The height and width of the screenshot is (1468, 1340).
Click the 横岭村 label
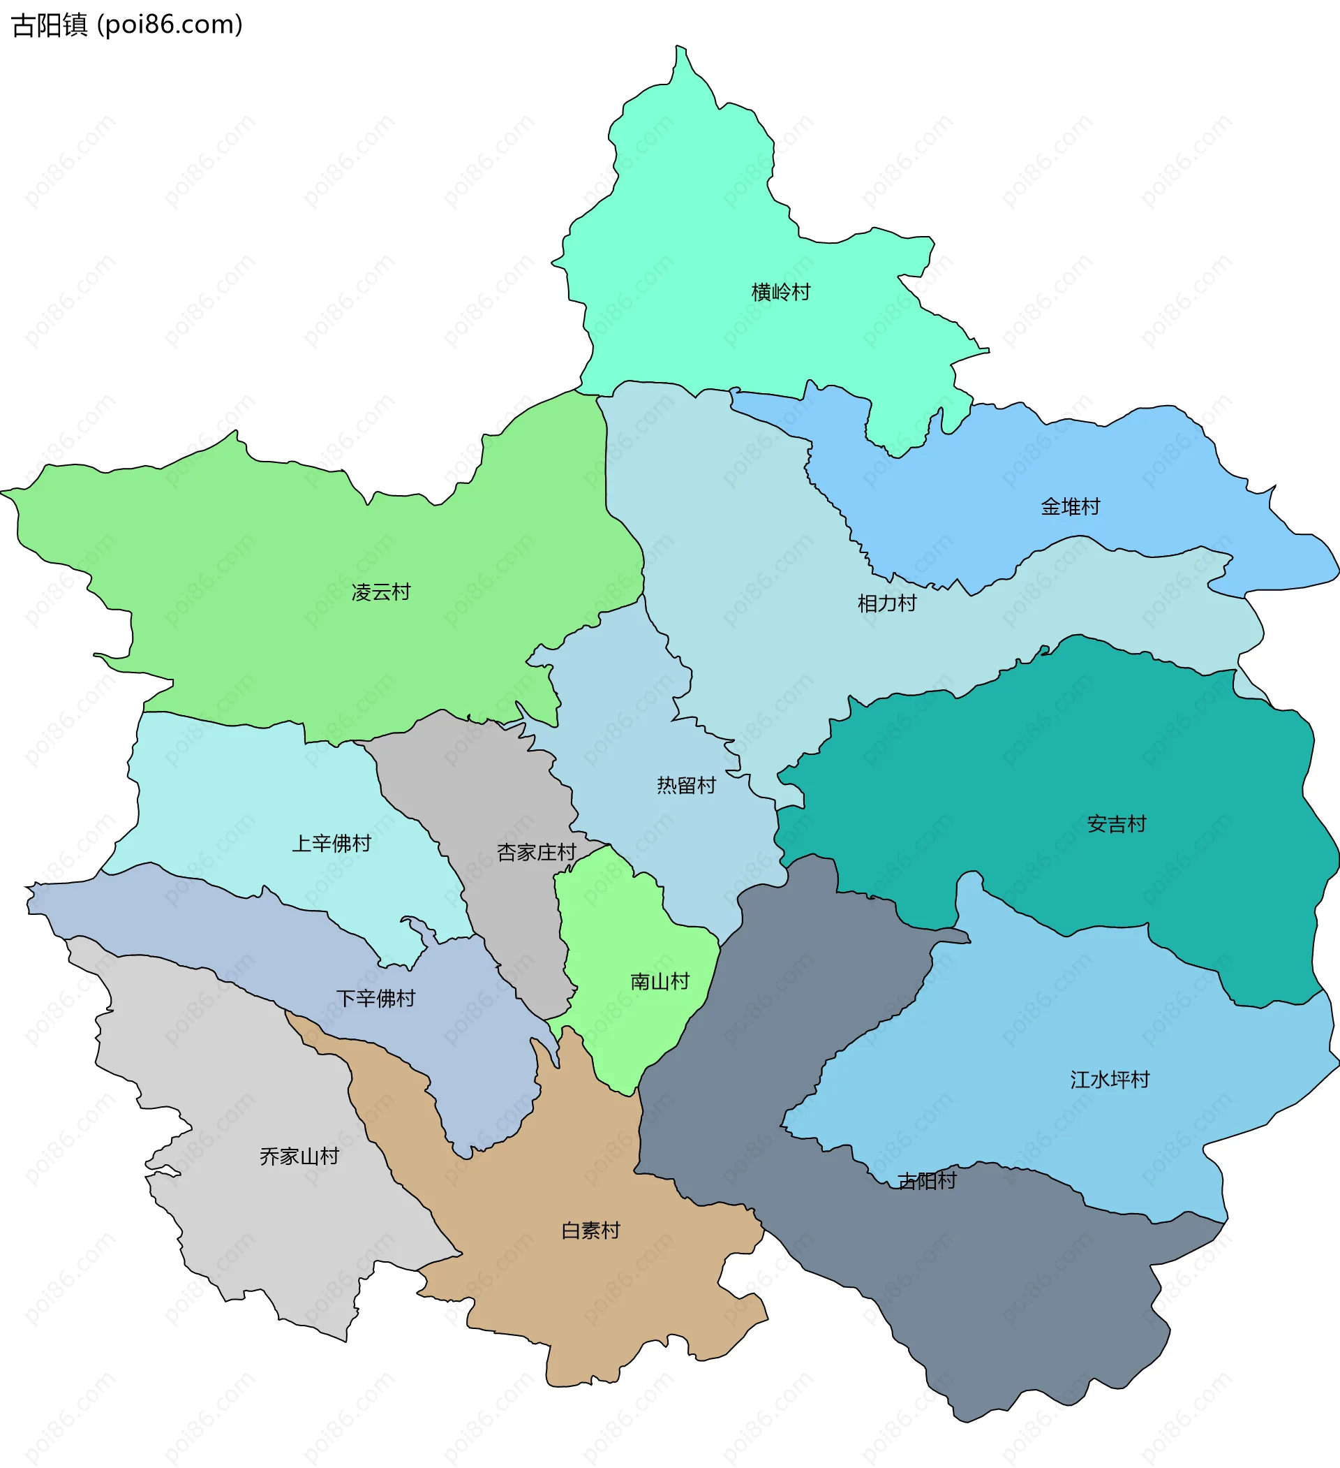780,292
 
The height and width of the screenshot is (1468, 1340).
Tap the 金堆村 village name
1070,507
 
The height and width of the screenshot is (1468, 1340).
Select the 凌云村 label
380,592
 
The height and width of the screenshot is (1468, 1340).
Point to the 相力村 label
886,603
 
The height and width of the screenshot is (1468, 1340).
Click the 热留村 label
686,785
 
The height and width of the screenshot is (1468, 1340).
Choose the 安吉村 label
1117,824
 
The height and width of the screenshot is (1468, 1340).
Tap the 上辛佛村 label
332,843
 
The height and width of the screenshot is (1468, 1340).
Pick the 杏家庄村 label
537,852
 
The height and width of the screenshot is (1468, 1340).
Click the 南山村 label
660,982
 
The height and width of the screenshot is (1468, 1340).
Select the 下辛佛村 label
375,998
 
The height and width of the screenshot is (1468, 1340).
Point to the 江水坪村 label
1110,1080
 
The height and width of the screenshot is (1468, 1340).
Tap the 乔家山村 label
299,1157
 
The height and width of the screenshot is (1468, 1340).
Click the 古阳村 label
927,1181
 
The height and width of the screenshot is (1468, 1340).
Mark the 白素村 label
590,1231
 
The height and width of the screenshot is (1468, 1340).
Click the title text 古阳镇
50,24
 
